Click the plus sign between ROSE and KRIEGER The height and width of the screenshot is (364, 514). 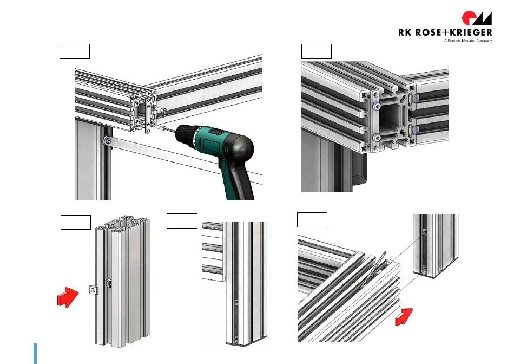[x=446, y=32]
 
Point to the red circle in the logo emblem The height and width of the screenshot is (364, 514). [x=468, y=17]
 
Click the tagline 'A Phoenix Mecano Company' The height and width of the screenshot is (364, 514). [x=468, y=41]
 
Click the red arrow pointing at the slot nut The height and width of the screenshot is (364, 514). [x=68, y=297]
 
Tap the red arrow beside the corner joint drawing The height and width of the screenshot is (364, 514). [x=404, y=317]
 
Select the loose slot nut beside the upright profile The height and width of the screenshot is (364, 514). [x=94, y=290]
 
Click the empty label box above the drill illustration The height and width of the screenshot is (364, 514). [x=75, y=51]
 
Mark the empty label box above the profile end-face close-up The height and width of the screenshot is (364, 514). [x=317, y=51]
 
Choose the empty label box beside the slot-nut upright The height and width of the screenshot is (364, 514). [x=76, y=222]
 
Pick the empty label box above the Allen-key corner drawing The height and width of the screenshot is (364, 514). [x=312, y=220]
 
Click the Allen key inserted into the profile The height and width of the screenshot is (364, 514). [x=373, y=270]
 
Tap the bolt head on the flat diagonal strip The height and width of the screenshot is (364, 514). [x=108, y=141]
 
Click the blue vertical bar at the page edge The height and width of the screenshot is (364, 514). [x=35, y=354]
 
